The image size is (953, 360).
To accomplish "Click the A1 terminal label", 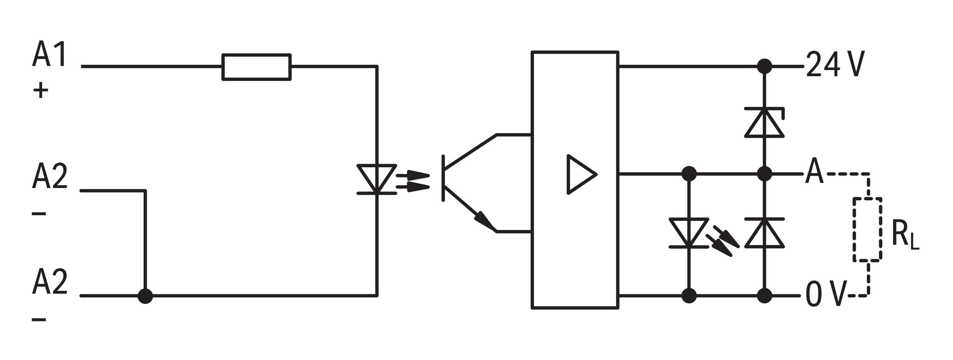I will (50, 55).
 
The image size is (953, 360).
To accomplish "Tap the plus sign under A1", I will (41, 91).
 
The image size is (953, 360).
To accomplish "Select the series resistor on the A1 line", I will (256, 67).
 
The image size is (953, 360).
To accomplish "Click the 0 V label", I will (826, 294).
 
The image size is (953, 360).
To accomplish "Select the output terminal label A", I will (814, 171).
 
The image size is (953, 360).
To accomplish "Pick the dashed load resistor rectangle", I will (868, 230).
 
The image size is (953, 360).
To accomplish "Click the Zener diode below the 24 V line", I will (764, 122).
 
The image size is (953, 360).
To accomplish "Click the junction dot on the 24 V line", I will (764, 67).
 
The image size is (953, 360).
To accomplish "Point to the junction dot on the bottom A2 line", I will (145, 296).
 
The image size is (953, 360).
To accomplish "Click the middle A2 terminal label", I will (50, 177).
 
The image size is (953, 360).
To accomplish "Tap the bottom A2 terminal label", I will (50, 282).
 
